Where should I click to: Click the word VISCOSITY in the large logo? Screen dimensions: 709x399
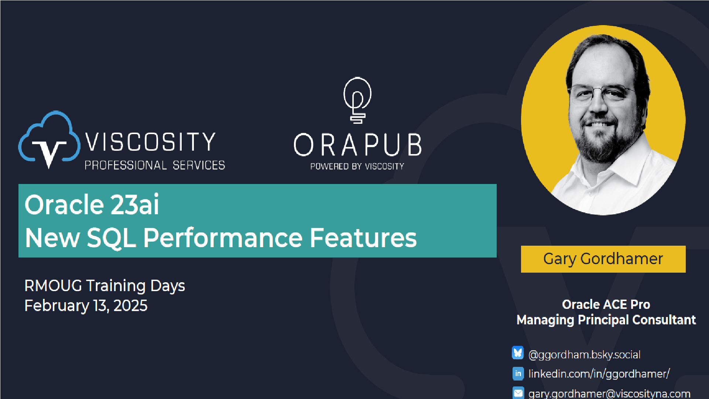[x=150, y=142]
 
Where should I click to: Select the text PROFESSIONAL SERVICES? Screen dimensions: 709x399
[x=155, y=165]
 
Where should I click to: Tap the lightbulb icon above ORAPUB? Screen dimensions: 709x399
[x=357, y=100]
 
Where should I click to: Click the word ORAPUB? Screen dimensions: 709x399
[x=357, y=145]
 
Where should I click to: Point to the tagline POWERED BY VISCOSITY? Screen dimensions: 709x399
[x=357, y=166]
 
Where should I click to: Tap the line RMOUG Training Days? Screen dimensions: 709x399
[x=105, y=286]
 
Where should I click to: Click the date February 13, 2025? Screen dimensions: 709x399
[x=86, y=306]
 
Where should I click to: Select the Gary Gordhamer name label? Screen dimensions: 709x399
[x=603, y=259]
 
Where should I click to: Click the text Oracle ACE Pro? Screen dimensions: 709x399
[x=606, y=304]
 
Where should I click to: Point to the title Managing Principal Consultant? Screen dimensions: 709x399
[x=606, y=320]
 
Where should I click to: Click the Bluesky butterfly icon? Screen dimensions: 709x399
[x=518, y=353]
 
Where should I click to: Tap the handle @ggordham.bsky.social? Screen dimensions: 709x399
[x=584, y=355]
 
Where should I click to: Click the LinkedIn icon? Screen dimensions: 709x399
[x=518, y=374]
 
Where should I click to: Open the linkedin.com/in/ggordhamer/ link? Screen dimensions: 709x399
[x=599, y=374]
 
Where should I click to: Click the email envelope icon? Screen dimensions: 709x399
[x=518, y=393]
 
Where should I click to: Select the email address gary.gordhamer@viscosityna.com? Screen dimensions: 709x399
[x=609, y=393]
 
